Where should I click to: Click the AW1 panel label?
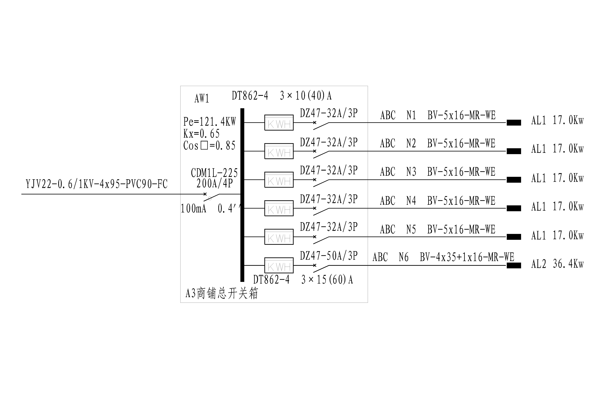point(202,99)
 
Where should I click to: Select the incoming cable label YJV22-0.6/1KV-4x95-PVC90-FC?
point(97,184)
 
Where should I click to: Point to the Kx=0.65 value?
point(201,134)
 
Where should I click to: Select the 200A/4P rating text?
point(215,183)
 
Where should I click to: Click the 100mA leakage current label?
point(193,209)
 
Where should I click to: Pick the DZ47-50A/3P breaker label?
point(329,256)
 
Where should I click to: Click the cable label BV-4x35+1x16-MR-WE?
point(467,257)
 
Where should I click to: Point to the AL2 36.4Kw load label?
point(557,264)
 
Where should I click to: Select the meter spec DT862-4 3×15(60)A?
point(303,280)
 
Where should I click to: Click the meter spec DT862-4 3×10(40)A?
point(281,96)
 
